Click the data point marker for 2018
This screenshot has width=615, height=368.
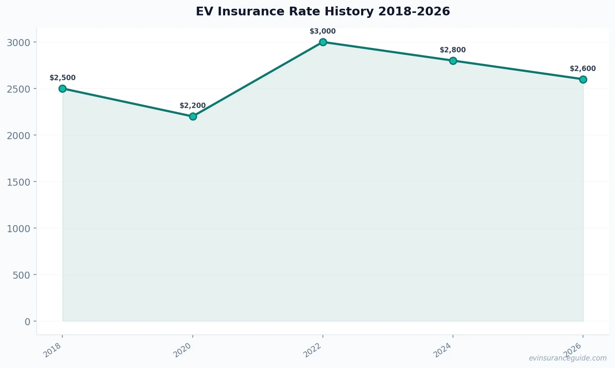[x=63, y=88]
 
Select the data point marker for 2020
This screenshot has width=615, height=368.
[x=193, y=116]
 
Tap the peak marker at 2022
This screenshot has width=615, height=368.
[x=323, y=42]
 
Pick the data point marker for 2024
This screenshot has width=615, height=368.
[x=453, y=61]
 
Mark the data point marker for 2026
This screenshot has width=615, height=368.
[x=583, y=79]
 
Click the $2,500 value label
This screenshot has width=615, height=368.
[x=63, y=78]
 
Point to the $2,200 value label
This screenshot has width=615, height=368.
[x=193, y=105]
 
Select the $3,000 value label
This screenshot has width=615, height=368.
[x=323, y=31]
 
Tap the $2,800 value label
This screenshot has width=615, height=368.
[x=453, y=50]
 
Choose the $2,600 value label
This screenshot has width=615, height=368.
[x=583, y=69]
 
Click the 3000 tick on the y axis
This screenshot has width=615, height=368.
[x=19, y=42]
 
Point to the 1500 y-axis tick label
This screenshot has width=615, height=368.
[x=19, y=182]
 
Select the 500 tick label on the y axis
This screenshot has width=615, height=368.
[x=22, y=275]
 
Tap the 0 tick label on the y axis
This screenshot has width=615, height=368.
[x=27, y=321]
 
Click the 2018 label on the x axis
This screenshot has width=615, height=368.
[x=53, y=351]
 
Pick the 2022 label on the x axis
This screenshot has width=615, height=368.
[x=313, y=351]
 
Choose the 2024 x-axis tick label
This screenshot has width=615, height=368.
[x=443, y=351]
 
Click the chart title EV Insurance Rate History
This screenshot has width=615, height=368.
[x=323, y=11]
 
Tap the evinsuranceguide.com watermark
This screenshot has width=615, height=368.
[x=568, y=358]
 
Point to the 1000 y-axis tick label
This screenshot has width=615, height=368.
[x=19, y=228]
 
